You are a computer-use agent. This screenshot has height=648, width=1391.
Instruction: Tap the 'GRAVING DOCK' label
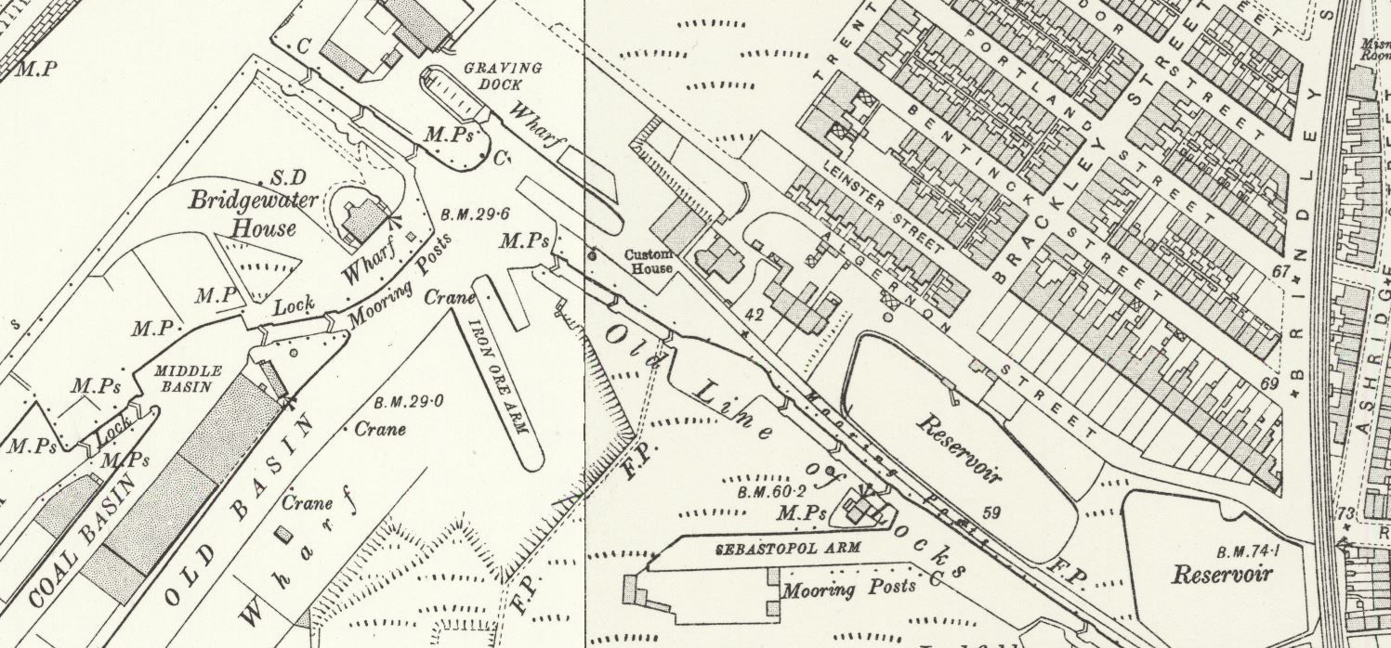503,76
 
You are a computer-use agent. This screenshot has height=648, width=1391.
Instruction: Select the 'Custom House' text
649,262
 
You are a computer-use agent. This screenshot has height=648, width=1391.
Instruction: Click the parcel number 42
755,315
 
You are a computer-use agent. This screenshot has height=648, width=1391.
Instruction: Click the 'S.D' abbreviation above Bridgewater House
282,176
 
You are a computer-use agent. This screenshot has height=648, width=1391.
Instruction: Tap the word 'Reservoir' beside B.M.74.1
1221,574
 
